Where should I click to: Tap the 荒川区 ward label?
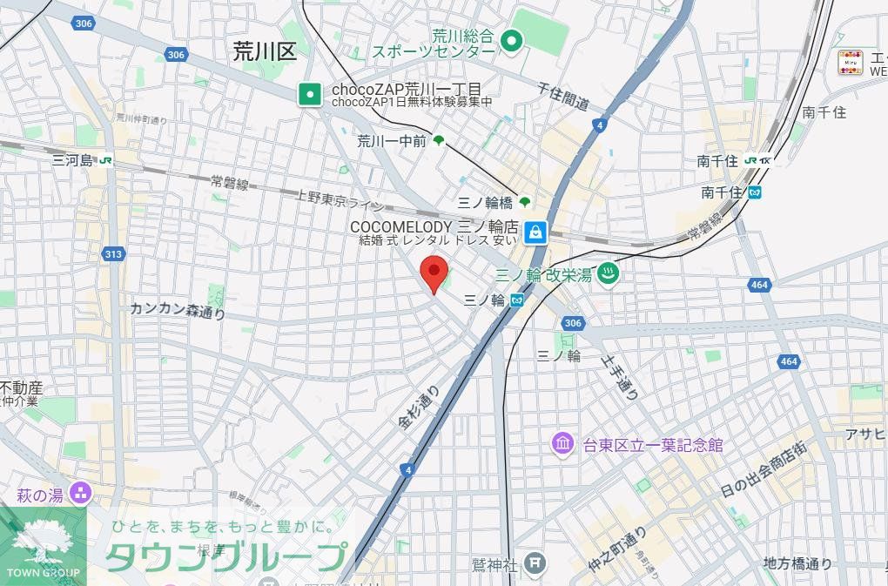pyautogui.click(x=265, y=51)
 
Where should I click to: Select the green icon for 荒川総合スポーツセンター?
pyautogui.click(x=512, y=39)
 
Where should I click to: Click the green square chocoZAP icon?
pyautogui.click(x=308, y=94)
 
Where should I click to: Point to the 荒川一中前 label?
pyautogui.click(x=391, y=141)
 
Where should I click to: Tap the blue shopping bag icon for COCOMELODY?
pyautogui.click(x=535, y=232)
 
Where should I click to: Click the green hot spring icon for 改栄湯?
pyautogui.click(x=609, y=273)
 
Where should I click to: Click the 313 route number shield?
pyautogui.click(x=112, y=254)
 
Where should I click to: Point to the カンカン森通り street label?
pyautogui.click(x=178, y=310)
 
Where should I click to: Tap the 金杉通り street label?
pyautogui.click(x=419, y=408)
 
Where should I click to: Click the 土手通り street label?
pyautogui.click(x=620, y=376)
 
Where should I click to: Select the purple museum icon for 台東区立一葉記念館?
pyautogui.click(x=562, y=444)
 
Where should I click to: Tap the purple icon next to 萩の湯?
pyautogui.click(x=82, y=494)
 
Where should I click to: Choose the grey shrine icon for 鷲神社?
pyautogui.click(x=535, y=562)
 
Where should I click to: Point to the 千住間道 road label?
pyautogui.click(x=563, y=97)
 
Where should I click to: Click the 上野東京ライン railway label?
pyautogui.click(x=340, y=200)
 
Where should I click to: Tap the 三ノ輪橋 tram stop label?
pyautogui.click(x=486, y=202)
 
